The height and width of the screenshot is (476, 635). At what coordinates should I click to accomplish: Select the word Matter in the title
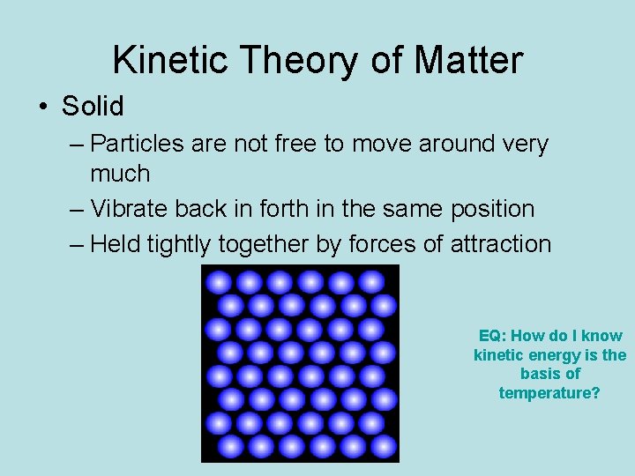(468, 60)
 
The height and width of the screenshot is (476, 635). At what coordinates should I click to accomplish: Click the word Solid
(93, 107)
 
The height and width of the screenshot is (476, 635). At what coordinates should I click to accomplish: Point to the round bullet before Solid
(43, 108)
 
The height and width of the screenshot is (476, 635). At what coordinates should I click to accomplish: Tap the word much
(120, 173)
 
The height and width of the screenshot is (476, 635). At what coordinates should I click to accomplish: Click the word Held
(116, 244)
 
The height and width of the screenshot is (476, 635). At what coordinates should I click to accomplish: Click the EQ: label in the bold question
(492, 336)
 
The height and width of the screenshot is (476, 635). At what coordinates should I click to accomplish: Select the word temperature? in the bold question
(549, 393)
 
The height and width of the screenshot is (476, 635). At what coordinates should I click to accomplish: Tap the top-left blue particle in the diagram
(219, 282)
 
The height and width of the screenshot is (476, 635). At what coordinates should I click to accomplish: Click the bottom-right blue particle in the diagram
(384, 446)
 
